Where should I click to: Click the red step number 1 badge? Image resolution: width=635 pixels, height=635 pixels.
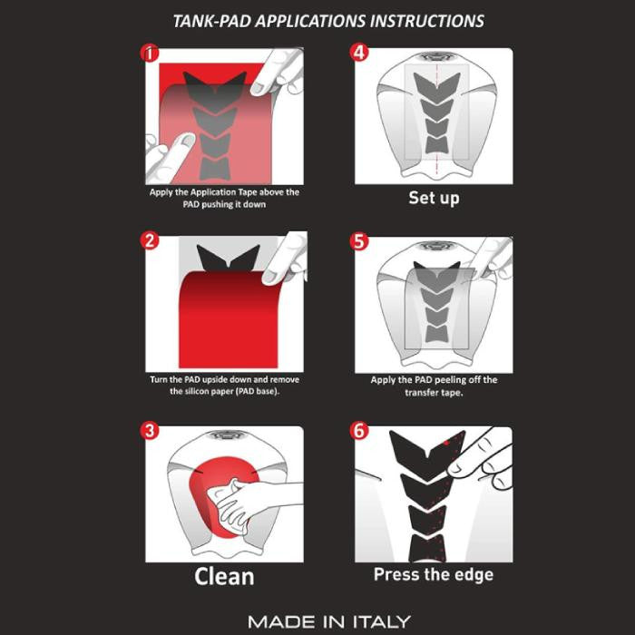[150, 53]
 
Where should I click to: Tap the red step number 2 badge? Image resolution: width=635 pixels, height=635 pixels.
[150, 240]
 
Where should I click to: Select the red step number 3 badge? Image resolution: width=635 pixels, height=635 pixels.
[150, 430]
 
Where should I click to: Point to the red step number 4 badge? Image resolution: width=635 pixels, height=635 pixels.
[359, 53]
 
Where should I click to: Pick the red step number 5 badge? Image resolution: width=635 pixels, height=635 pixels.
[359, 241]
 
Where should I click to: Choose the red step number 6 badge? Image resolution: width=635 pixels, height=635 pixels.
[359, 431]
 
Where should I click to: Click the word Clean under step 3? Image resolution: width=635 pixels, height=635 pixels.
[224, 576]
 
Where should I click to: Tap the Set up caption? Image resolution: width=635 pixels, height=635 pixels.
[434, 198]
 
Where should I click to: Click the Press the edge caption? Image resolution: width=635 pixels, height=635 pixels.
[434, 574]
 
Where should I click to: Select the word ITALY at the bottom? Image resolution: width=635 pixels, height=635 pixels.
[382, 621]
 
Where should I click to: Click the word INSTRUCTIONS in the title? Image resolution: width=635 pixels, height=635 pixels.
[427, 21]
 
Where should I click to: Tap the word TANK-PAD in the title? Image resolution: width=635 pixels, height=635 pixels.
[212, 21]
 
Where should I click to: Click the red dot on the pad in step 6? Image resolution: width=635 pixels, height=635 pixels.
[446, 443]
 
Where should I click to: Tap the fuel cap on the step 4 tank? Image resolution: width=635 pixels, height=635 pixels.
[435, 56]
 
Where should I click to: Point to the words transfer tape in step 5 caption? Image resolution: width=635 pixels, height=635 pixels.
[434, 392]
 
